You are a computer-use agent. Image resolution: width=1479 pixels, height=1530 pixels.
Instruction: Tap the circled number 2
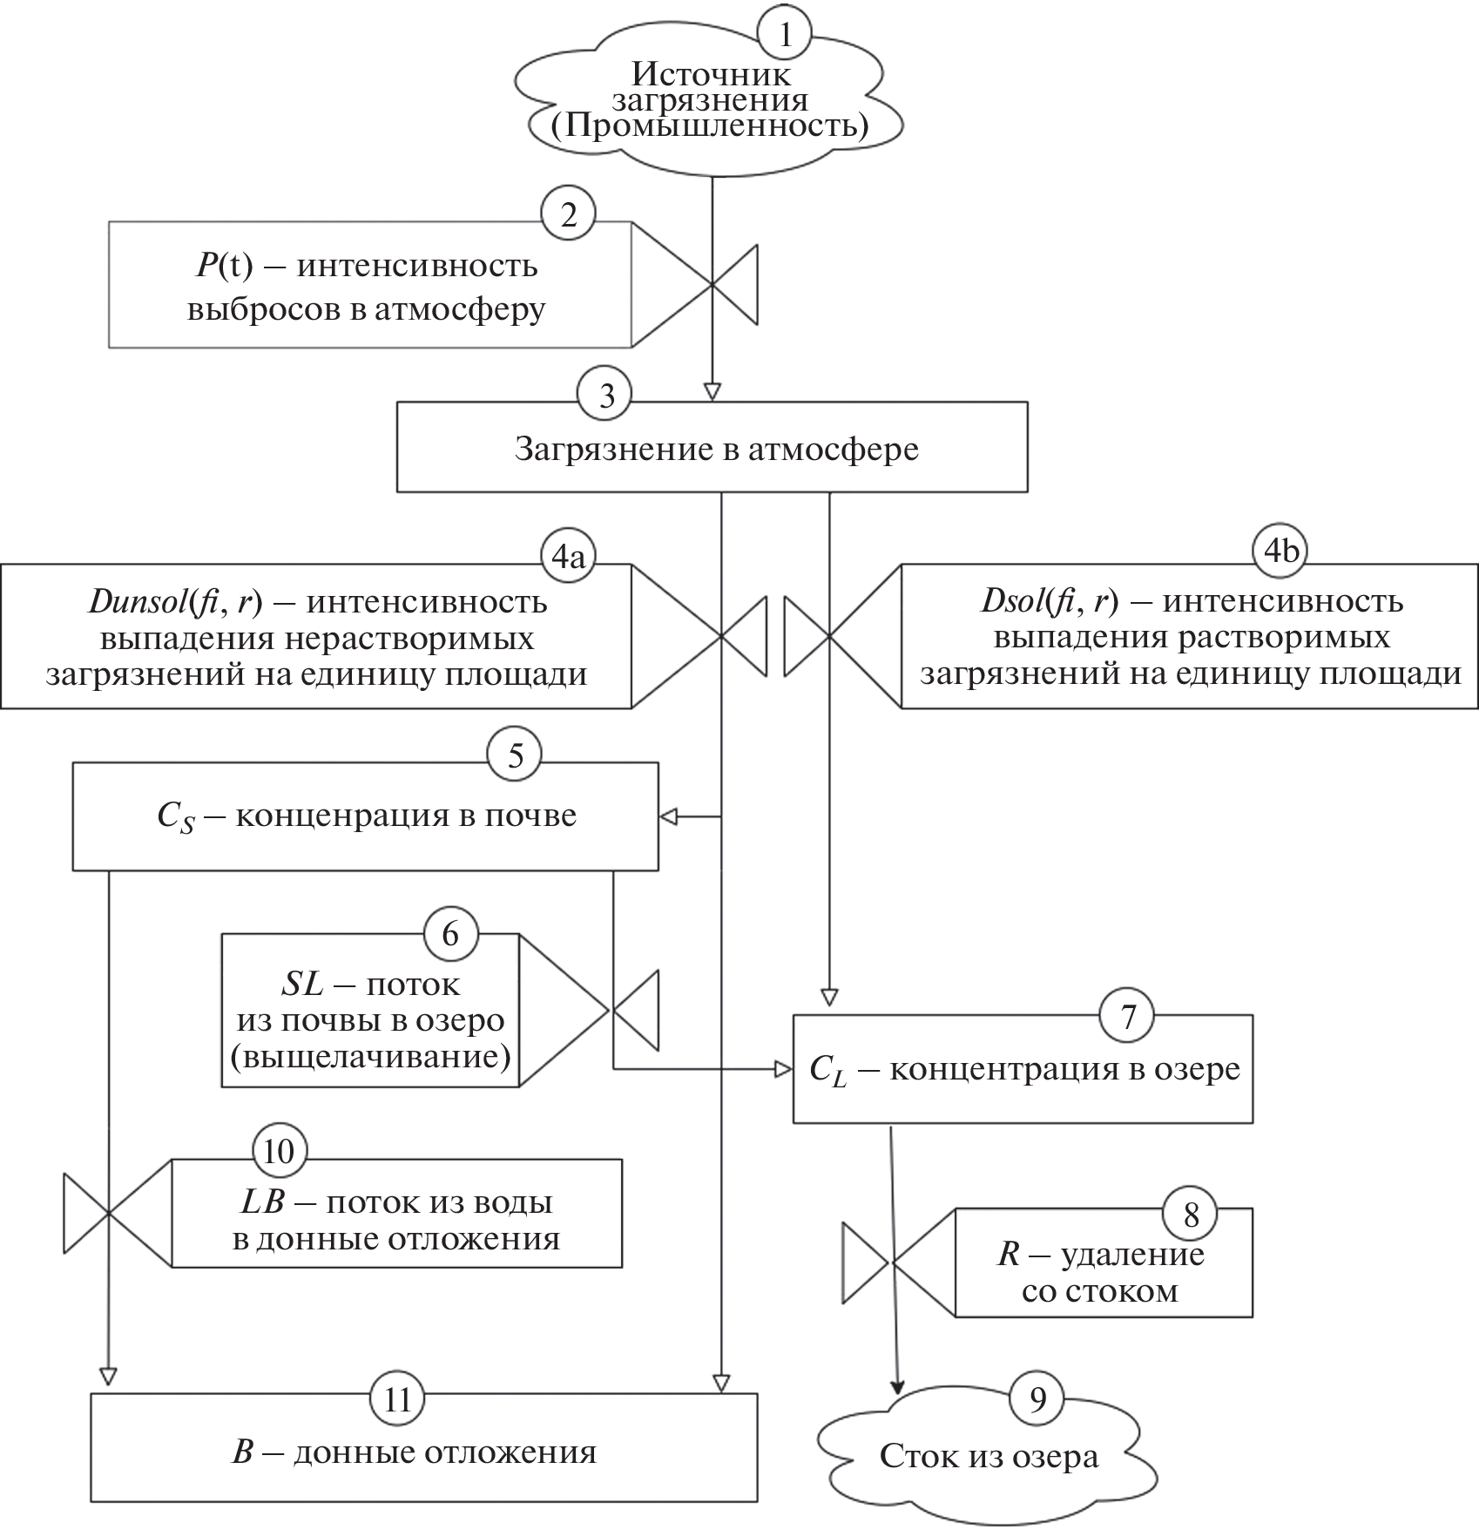point(568,214)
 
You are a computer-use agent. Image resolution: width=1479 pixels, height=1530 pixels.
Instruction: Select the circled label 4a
point(567,555)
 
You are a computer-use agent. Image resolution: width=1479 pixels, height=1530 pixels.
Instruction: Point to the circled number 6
point(450,934)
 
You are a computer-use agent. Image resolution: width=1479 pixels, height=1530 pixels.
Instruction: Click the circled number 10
point(279,1151)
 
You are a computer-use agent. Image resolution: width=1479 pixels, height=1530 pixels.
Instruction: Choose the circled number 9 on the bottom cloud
point(1037,1398)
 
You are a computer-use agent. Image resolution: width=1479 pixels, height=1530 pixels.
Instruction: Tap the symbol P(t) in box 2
point(224,265)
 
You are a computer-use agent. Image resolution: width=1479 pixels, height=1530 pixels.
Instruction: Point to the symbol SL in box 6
point(302,985)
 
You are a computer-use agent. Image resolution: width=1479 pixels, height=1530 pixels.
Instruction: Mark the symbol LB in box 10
point(262,1202)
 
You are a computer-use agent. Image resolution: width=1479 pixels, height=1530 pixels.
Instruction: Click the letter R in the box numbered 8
point(1009,1255)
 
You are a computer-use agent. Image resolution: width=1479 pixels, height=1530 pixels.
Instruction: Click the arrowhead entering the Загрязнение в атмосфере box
point(713,391)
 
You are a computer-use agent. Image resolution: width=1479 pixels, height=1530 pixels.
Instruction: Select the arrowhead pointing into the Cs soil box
point(669,816)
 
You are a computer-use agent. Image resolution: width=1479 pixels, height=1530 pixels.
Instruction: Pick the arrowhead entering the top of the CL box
point(829,996)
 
